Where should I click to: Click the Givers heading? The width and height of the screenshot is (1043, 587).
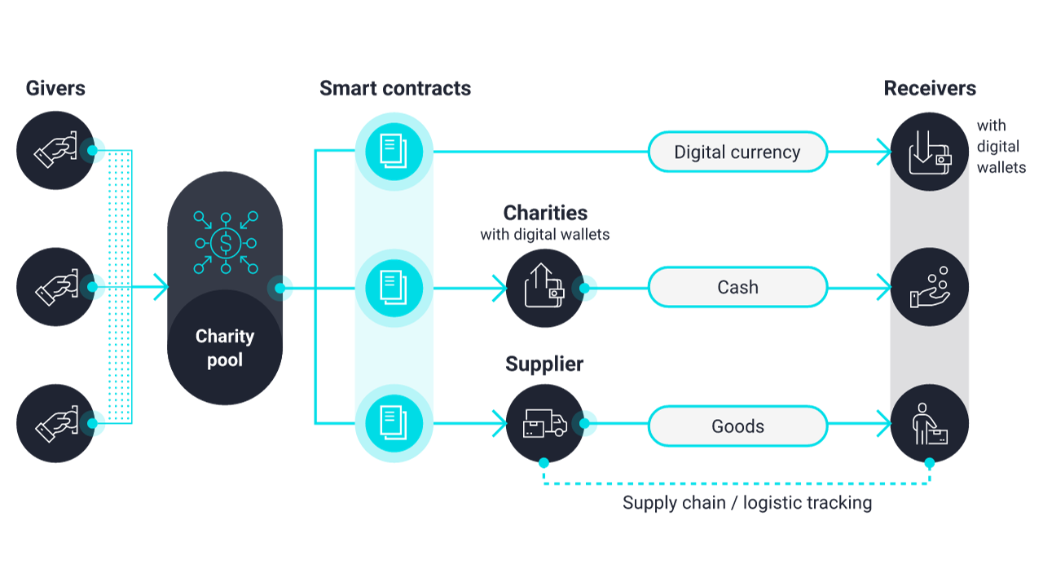tap(55, 88)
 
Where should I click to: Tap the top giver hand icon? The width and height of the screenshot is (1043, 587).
tap(55, 151)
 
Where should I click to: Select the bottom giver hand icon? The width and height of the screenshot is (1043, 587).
tap(55, 424)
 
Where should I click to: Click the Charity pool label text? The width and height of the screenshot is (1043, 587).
tap(225, 347)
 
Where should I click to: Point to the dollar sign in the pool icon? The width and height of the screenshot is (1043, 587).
tap(225, 242)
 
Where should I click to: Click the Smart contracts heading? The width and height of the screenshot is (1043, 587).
tap(395, 88)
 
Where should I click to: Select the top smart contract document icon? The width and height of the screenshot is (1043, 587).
tap(394, 151)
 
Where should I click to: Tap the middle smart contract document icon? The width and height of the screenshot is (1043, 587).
tap(394, 287)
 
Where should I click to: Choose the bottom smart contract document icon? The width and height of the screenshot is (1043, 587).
tap(394, 423)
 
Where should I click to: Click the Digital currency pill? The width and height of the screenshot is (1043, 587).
tap(737, 152)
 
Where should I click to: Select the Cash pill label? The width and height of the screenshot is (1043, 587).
tap(737, 287)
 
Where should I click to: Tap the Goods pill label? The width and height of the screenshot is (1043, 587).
tap(737, 426)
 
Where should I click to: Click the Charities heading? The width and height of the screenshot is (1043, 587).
tap(545, 213)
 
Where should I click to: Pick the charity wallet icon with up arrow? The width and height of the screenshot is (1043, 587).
tap(544, 288)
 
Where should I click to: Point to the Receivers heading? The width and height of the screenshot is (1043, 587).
tap(930, 88)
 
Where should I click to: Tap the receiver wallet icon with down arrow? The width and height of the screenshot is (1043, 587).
tap(929, 152)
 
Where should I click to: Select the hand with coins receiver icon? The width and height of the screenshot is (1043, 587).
tap(929, 288)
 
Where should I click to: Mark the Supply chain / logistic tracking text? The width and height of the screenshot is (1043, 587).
tap(747, 502)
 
